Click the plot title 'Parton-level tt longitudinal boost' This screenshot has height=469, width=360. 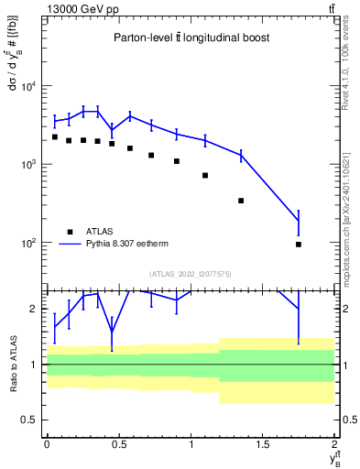point(190,38)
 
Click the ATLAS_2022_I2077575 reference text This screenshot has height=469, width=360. point(190,273)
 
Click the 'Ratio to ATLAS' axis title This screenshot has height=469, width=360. point(12,365)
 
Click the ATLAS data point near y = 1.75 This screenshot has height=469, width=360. point(299,245)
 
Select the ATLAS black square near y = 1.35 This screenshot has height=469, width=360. point(241,201)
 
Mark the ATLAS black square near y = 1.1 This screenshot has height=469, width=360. point(205,175)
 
